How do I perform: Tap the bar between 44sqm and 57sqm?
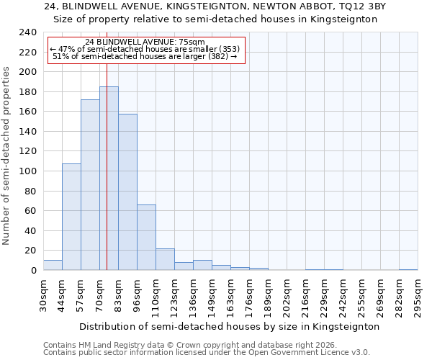71,217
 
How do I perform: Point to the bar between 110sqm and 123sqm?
165,259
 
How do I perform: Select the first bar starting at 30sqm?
53,265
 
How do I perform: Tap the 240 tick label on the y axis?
27,33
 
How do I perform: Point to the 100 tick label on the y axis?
27,171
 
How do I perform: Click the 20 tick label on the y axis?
30,251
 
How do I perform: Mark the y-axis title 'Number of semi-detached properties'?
7,156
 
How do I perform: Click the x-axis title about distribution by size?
229,326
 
